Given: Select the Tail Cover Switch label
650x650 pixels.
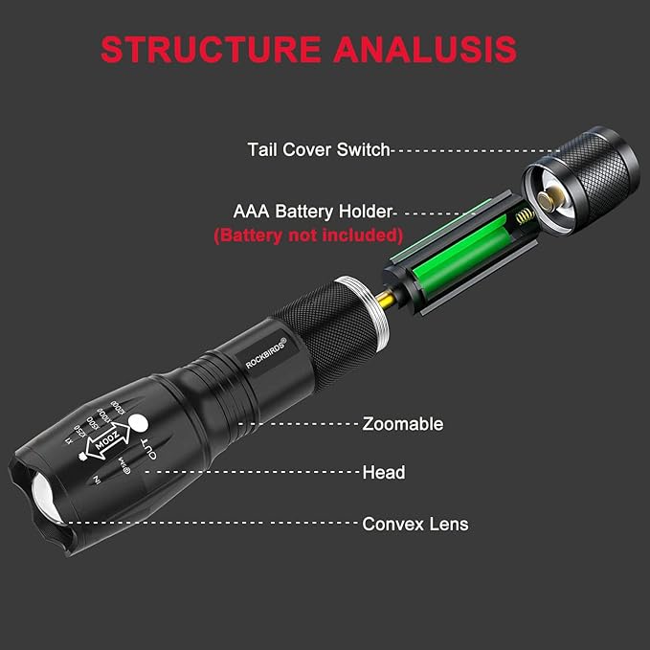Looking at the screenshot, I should (318, 149).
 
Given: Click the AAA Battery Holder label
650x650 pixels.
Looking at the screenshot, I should (313, 212).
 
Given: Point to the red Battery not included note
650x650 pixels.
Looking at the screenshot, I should (307, 234).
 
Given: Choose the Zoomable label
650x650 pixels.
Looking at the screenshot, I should (402, 423).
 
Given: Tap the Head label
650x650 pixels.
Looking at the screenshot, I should (383, 472).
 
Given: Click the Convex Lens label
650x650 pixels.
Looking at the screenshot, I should (415, 524).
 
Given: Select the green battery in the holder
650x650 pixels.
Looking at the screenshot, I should (449, 259).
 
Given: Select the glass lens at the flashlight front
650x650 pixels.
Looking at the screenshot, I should (45, 498).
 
